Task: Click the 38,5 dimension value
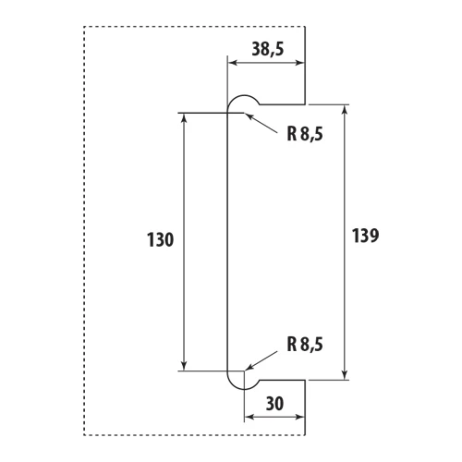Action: point(268,49)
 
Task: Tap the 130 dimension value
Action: point(160,240)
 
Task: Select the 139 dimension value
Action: point(365,236)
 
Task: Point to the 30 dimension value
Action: point(274,404)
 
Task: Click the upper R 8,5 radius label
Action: point(305,134)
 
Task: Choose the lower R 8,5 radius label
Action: point(305,345)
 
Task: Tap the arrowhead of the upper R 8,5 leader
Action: point(249,116)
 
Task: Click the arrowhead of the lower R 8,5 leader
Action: point(249,367)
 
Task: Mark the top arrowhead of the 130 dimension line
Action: point(184,117)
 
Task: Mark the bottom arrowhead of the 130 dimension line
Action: point(184,366)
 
